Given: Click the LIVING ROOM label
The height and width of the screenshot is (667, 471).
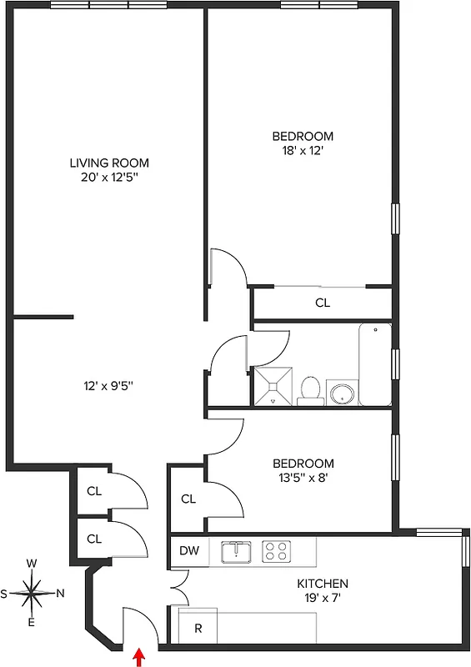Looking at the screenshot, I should (x=109, y=163).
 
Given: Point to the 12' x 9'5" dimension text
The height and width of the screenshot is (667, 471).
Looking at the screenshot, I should (x=109, y=385).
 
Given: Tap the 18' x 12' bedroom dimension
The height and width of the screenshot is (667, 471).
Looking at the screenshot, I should (x=303, y=151).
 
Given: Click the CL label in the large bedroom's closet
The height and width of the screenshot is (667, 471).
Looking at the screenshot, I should (x=323, y=303).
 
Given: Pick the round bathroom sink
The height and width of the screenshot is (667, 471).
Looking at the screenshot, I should (x=342, y=393).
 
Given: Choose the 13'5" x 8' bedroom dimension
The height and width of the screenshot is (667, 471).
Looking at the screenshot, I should (x=303, y=479).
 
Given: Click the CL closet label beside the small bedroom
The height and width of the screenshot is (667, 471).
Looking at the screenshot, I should (x=188, y=499).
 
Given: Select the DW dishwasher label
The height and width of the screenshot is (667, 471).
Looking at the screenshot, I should (x=188, y=550).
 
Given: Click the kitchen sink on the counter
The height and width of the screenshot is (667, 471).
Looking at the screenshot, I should (x=237, y=551).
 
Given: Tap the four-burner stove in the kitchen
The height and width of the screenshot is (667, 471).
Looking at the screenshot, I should (x=277, y=551).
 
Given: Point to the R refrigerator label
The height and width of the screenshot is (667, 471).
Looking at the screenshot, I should (x=198, y=629).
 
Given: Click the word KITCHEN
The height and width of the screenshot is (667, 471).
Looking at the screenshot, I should (x=323, y=584).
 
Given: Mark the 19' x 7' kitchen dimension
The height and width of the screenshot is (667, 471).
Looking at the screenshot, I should (x=323, y=599).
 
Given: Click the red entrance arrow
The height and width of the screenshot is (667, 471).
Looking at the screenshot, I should (x=138, y=659).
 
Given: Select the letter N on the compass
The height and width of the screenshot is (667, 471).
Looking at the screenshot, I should (x=60, y=594).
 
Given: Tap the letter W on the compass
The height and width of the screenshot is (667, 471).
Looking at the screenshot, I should (x=32, y=564).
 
